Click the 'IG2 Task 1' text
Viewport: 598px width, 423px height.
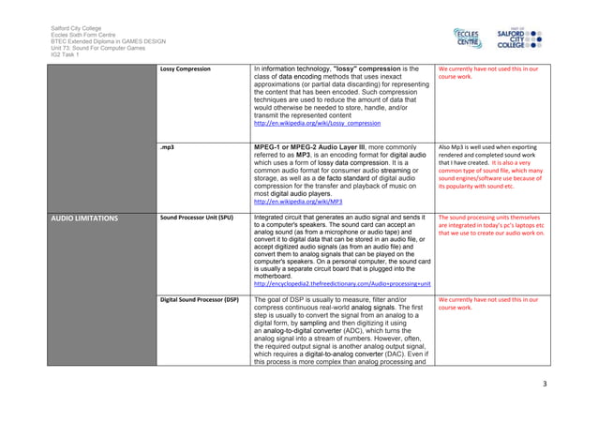point(66,57)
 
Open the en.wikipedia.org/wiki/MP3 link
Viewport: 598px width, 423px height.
point(298,202)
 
